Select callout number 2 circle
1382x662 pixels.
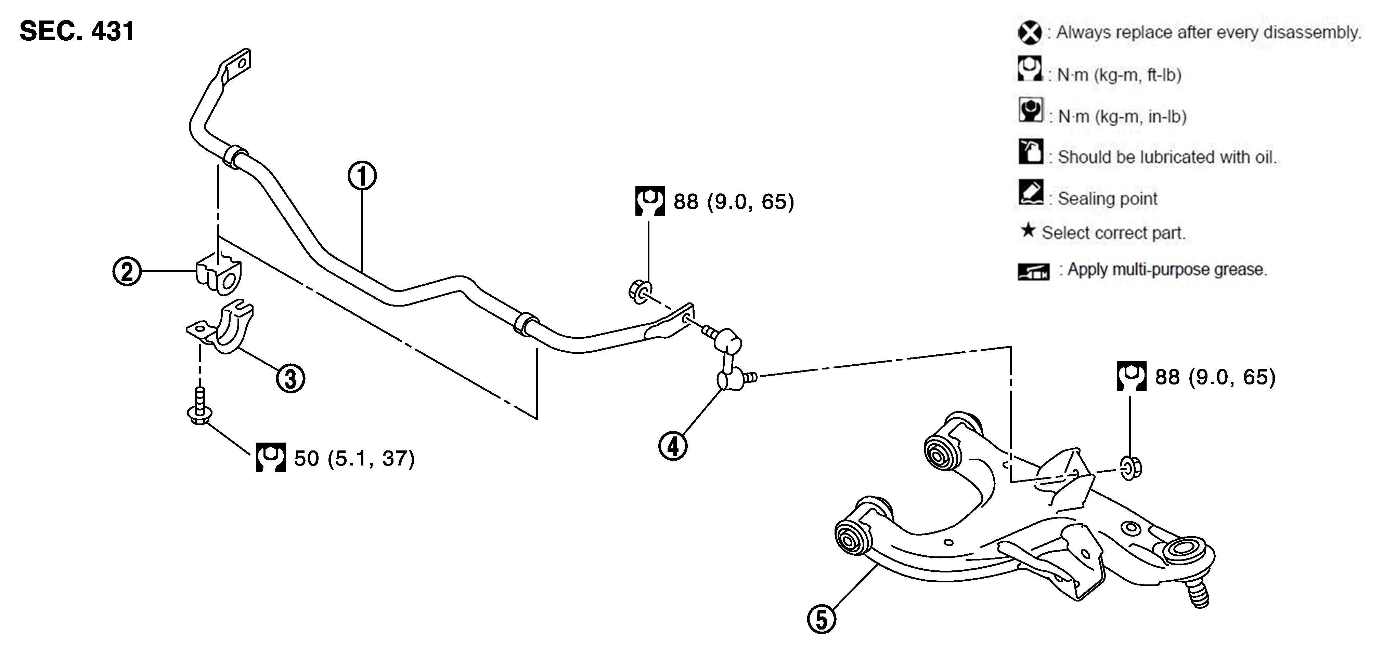(x=127, y=271)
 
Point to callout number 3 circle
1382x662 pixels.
(x=290, y=378)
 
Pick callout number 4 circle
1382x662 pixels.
(x=673, y=446)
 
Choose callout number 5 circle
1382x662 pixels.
(x=822, y=620)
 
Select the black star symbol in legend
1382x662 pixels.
(x=1028, y=230)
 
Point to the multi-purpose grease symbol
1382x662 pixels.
(x=1033, y=272)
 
